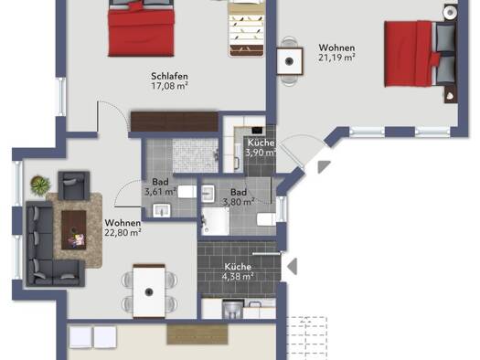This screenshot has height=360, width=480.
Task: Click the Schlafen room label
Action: [169, 76]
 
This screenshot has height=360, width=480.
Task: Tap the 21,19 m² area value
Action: [336, 58]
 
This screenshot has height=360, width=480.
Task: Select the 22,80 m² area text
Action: [123, 232]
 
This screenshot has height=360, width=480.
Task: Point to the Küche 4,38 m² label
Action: [238, 271]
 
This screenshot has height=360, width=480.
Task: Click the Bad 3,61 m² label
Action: [160, 187]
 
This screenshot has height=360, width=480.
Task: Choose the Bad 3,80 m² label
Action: [239, 197]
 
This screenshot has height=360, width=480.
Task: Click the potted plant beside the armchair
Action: [40, 185]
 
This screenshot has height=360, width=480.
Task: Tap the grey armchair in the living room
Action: [74, 185]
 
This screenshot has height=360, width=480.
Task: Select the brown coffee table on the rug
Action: [74, 229]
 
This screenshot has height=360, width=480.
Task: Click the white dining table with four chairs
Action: [149, 291]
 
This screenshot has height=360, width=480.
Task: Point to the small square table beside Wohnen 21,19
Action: [290, 61]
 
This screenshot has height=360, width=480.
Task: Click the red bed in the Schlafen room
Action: [142, 28]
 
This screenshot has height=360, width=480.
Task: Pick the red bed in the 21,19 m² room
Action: [421, 54]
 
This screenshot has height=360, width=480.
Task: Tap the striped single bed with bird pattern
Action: [247, 28]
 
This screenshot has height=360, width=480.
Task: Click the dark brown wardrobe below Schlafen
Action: [175, 122]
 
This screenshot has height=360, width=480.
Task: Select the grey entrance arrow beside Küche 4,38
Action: [293, 266]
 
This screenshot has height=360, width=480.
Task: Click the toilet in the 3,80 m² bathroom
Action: [267, 219]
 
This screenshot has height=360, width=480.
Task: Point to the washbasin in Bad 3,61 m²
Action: [161, 210]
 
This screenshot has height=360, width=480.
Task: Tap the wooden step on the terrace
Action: [197, 334]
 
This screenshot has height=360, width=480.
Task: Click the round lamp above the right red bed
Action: [450, 12]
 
